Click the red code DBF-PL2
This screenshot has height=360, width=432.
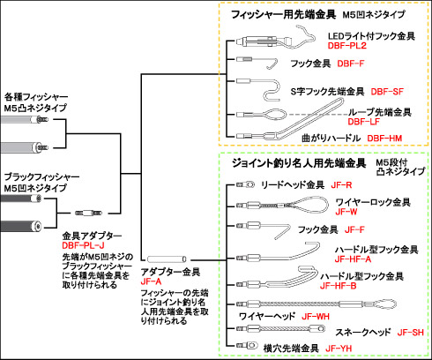coord(347,46)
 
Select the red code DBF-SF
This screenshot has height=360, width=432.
coord(387,92)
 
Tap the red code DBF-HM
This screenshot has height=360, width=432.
coord(384,138)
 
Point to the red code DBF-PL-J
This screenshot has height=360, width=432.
coord(83,245)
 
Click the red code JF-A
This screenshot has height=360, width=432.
coord(151,281)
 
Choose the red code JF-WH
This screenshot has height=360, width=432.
coord(316,317)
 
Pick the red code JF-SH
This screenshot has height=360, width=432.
coord(411,333)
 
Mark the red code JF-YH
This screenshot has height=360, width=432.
coord(339,349)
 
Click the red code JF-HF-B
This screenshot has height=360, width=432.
coord(339,286)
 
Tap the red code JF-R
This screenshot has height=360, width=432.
coord(341,185)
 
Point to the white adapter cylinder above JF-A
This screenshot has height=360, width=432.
coord(167,259)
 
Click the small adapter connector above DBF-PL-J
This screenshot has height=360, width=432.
coord(88,213)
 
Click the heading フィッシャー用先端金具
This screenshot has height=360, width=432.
coord(283,14)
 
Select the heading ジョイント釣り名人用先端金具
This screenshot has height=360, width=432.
coord(299,162)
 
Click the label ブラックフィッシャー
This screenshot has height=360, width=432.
coord(41,177)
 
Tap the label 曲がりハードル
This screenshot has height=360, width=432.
coord(331,138)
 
